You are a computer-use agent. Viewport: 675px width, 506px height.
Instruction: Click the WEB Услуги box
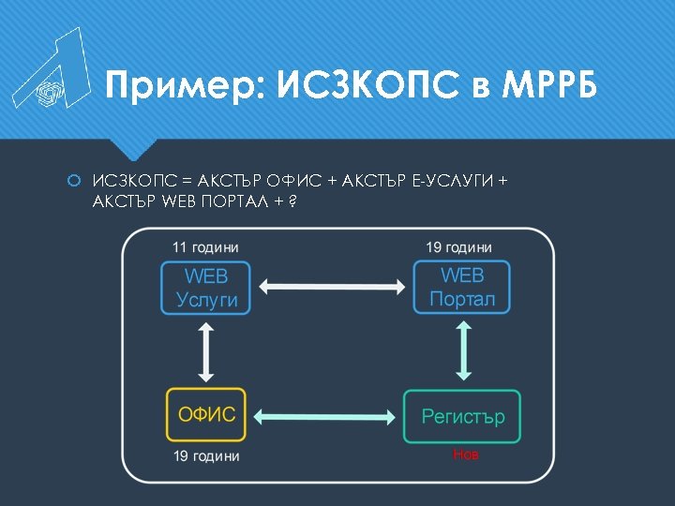pos(206,288)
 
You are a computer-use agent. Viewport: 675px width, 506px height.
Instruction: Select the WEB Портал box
pos(462,288)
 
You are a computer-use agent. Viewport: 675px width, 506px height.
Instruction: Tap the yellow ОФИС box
pos(206,415)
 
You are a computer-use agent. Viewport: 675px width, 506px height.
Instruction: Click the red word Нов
pos(465,454)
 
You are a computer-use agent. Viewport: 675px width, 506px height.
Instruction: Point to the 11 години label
pos(205,247)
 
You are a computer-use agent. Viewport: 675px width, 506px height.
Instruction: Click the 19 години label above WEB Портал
pos(458,247)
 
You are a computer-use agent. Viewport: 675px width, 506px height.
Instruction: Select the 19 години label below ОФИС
pos(206,456)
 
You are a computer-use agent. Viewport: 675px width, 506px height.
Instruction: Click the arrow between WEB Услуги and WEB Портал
pos(334,288)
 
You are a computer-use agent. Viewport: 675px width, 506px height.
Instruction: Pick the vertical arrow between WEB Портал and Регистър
pos(462,353)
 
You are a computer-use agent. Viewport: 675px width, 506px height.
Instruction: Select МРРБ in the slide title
pos(548,86)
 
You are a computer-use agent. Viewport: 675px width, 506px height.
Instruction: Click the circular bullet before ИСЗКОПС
pos(75,179)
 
